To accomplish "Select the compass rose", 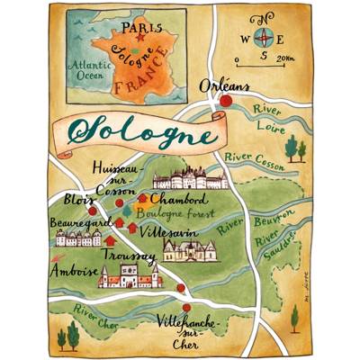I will pos(264,38).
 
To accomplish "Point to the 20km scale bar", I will pos(266,62).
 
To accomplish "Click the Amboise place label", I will pos(76,269).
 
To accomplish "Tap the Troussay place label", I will pos(130,255).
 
